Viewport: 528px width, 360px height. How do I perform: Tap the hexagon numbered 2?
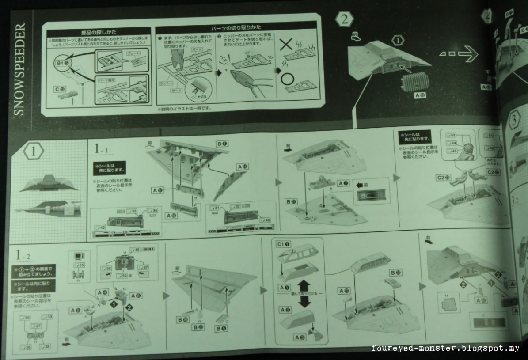point(345,20)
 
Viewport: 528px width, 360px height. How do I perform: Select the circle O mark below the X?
point(287,80)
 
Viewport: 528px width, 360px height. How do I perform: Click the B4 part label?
point(222,144)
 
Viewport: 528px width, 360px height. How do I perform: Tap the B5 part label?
point(222,329)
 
